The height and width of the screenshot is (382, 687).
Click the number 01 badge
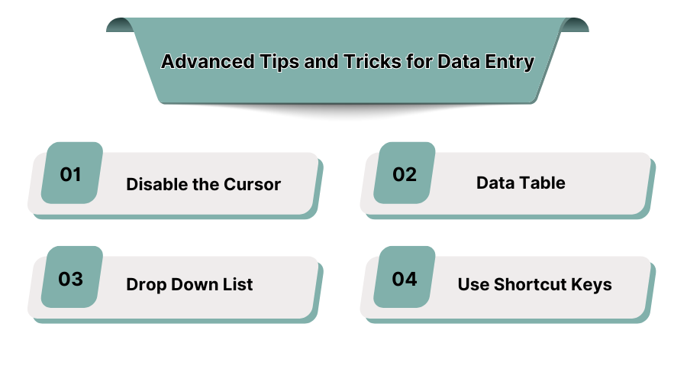click(72, 174)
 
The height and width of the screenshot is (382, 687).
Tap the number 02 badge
click(405, 174)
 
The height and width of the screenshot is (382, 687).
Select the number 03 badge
click(72, 279)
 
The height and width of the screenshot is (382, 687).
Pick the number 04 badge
click(405, 279)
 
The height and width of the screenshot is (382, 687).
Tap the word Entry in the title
click(509, 62)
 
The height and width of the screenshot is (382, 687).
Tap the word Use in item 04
click(473, 285)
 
